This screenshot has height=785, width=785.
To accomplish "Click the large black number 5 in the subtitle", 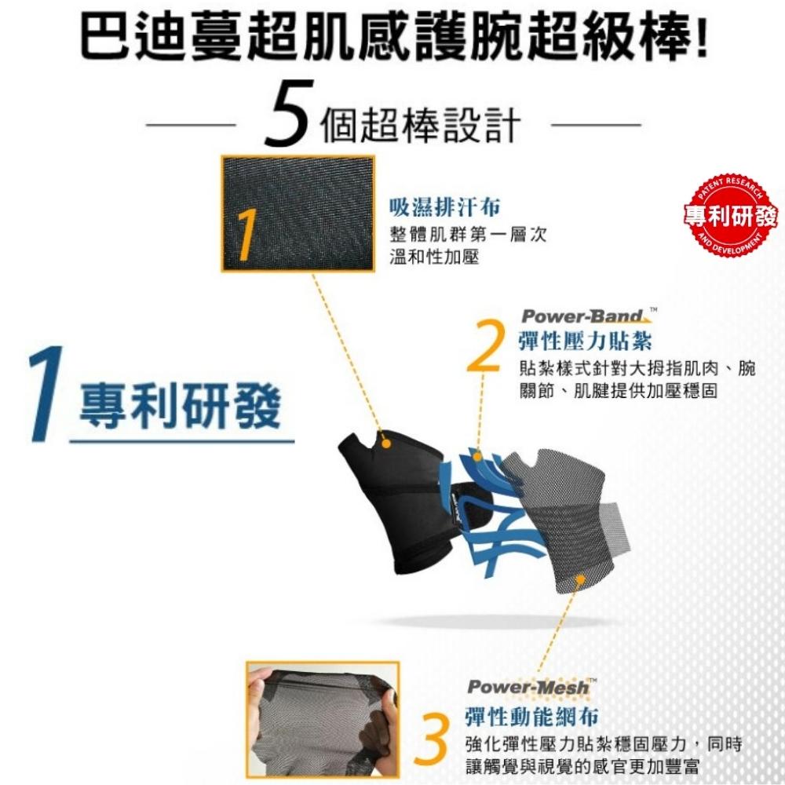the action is click(x=287, y=114).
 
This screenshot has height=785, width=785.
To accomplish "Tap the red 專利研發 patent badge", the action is click(x=730, y=215).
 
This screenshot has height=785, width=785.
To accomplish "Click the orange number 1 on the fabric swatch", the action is click(x=246, y=234).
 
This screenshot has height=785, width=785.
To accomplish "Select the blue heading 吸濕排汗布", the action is click(x=444, y=207).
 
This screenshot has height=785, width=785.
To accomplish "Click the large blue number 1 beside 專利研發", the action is click(x=46, y=394).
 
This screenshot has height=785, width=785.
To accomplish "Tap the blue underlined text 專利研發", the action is click(x=181, y=406).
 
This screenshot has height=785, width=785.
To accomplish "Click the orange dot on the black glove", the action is click(x=385, y=444).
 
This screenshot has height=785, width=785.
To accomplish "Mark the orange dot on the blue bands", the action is click(x=478, y=457).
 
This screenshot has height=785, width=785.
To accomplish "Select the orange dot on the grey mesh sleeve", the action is click(x=580, y=580).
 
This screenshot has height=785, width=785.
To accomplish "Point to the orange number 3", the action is click(x=432, y=740).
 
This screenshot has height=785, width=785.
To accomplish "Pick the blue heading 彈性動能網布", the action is click(x=532, y=717).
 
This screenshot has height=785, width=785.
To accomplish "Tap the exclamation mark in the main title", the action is click(x=701, y=36).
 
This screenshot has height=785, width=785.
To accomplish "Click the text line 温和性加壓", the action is click(x=434, y=257).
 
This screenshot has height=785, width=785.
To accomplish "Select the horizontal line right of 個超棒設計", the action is click(x=596, y=125).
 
